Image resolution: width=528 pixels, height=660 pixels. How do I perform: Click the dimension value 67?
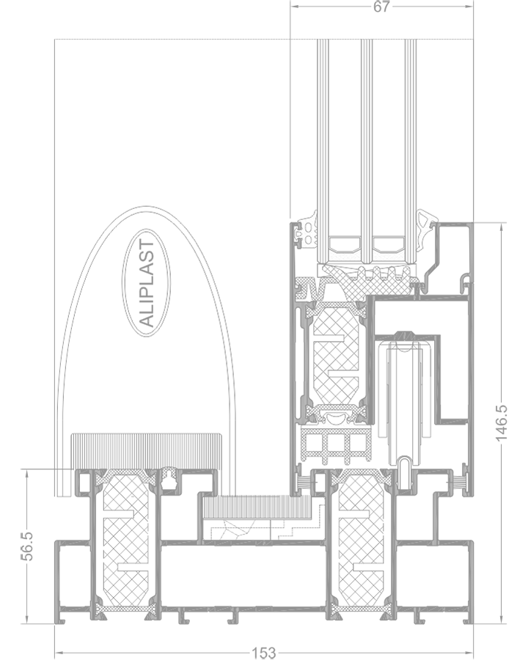pos(381,7)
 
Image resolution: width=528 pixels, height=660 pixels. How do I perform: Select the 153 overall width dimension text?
pos(264,653)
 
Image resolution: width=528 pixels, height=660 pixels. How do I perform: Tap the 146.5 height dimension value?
pos(502,423)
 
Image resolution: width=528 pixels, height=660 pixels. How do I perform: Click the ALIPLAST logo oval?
pos(147,283)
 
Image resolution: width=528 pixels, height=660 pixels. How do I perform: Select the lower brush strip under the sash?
pos(257,506)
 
